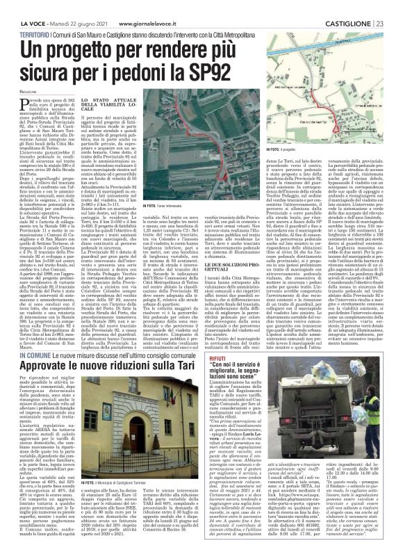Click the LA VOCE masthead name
(15, 6)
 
